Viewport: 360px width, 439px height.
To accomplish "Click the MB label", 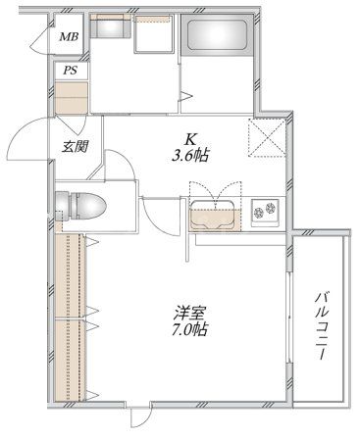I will (x=68, y=37).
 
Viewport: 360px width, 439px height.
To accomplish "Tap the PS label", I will (x=70, y=71).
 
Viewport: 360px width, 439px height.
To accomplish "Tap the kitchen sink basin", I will (x=215, y=213).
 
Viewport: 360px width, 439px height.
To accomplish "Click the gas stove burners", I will (x=266, y=210).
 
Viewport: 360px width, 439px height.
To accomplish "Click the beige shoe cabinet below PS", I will (x=72, y=98).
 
